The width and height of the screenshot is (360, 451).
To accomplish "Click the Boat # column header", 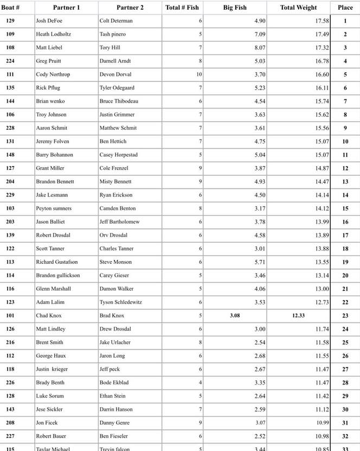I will click(x=11, y=8).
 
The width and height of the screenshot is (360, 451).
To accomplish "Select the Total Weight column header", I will click(x=298, y=8).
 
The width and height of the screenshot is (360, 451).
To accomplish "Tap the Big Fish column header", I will click(x=234, y=8).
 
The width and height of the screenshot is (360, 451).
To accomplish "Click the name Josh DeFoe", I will click(x=49, y=21).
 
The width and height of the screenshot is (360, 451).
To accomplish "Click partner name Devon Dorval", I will click(x=115, y=74).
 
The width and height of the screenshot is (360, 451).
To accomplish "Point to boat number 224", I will click(x=10, y=61).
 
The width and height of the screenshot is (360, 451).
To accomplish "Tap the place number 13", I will click(x=345, y=182).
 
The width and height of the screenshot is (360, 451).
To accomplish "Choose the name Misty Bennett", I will click(x=117, y=182).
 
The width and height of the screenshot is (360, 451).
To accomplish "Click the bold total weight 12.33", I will click(x=299, y=315).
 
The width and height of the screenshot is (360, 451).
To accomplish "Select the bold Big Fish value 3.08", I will click(x=235, y=315).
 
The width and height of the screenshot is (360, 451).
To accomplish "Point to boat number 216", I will click(x=10, y=342).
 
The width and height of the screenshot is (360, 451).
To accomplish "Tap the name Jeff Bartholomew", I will click(x=119, y=222).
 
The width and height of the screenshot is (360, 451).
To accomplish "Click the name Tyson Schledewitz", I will click(x=120, y=302).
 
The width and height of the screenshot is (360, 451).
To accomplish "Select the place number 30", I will click(x=345, y=409).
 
